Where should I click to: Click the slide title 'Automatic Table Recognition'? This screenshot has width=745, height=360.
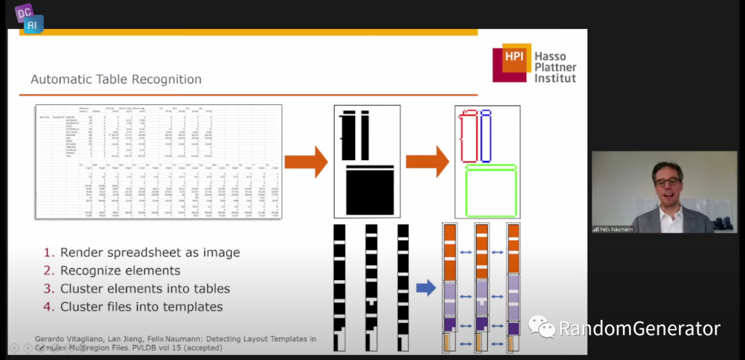coord(116,79)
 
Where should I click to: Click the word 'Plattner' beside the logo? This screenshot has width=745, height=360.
coord(555,68)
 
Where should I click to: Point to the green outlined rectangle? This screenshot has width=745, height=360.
coord(490,190)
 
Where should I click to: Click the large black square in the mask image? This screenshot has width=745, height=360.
coord(368,191)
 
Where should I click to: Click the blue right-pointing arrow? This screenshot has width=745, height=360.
coord(426,287)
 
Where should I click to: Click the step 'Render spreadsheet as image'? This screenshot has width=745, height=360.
coord(150,252)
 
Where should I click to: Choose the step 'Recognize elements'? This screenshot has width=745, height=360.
coord(120,270)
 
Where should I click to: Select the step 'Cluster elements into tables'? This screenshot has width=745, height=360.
coord(145,288)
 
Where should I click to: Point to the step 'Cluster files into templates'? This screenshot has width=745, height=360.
coord(141,306)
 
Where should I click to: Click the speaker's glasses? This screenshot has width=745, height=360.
coord(667,182)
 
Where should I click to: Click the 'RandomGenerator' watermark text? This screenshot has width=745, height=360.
coord(639,328)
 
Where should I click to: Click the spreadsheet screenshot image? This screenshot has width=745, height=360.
coord(159,161)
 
